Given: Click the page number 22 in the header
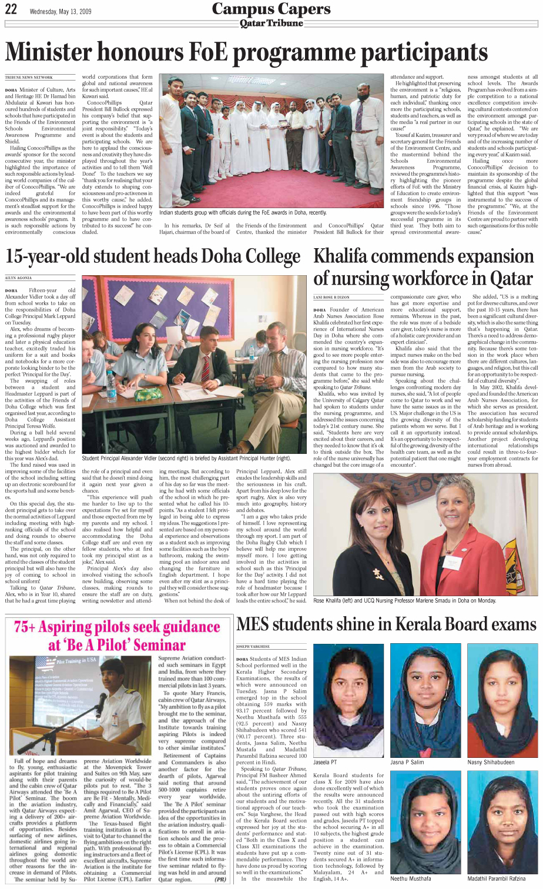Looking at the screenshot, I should [x=11, y=9].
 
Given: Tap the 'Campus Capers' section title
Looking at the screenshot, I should [x=271, y=8].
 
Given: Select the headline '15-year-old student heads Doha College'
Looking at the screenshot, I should [x=153, y=257].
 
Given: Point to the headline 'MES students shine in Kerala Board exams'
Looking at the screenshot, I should [x=386, y=624].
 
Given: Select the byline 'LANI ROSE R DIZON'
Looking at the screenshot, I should [x=331, y=298].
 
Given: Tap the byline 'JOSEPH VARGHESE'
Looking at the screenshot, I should [x=253, y=646].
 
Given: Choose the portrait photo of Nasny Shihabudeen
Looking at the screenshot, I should [x=502, y=700].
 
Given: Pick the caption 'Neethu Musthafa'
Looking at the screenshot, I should [x=411, y=878].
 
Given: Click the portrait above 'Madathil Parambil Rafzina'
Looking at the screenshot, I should [x=502, y=823].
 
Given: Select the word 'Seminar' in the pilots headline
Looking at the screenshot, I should [x=153, y=645].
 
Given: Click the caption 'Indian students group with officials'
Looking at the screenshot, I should [x=243, y=212].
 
